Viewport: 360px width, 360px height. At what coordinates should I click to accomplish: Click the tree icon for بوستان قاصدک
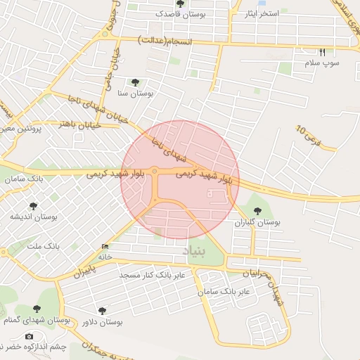tap(181, 4)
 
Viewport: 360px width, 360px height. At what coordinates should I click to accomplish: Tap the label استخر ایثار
tap(259, 14)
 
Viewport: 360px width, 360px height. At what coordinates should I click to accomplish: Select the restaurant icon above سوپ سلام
tap(322, 52)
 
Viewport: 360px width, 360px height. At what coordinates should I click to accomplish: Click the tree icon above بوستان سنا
tap(134, 82)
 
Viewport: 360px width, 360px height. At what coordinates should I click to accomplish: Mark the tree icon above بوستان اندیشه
tap(33, 206)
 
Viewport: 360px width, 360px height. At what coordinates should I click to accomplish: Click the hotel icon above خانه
tap(105, 247)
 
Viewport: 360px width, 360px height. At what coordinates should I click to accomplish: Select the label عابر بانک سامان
tap(225, 290)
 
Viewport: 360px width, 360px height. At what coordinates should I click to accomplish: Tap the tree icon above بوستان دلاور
tap(103, 310)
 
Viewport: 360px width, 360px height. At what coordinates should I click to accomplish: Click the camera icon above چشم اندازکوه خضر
tap(29, 336)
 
